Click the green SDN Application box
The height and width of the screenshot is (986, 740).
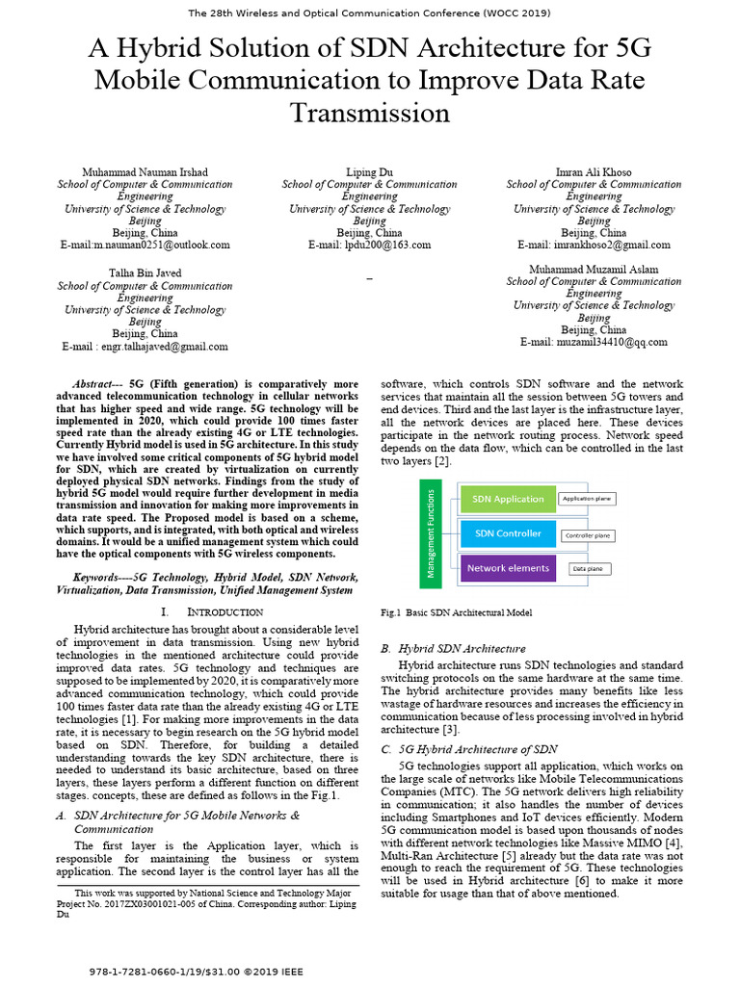pyautogui.click(x=507, y=499)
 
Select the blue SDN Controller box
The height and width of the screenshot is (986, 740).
pyautogui.click(x=507, y=533)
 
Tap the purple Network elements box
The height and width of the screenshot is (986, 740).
pyautogui.click(x=507, y=568)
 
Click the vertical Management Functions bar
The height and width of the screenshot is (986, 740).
pyautogui.click(x=431, y=533)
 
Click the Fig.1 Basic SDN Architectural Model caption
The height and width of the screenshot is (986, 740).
pyautogui.click(x=457, y=612)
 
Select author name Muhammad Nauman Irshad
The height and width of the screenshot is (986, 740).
pyautogui.click(x=145, y=172)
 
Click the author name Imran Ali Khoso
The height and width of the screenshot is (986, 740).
pyautogui.click(x=594, y=172)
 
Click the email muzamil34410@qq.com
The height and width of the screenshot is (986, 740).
pyautogui.click(x=594, y=342)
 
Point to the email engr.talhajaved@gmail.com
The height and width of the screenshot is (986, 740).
pyautogui.click(x=145, y=347)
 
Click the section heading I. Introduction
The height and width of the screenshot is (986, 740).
pyautogui.click(x=211, y=612)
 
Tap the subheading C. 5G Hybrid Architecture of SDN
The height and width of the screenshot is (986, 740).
pyautogui.click(x=469, y=749)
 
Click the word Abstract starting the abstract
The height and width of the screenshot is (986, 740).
pyautogui.click(x=99, y=382)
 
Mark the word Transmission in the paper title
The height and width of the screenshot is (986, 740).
pyautogui.click(x=369, y=114)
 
